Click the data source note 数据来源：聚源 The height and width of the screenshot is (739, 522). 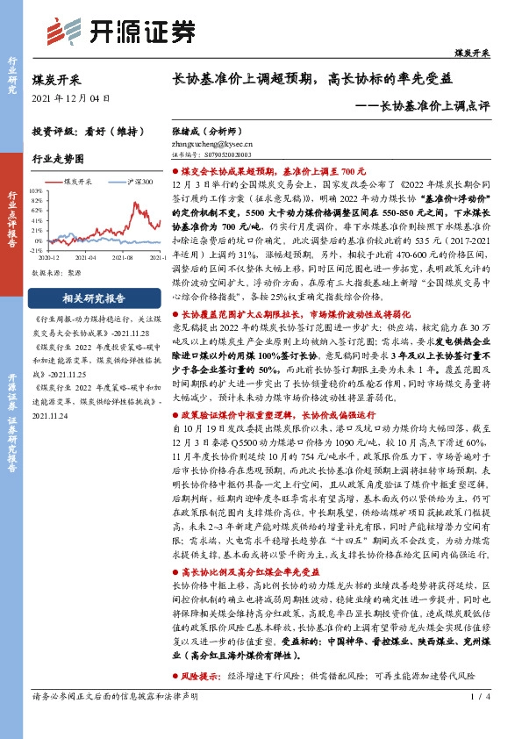pyautogui.click(x=57, y=273)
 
